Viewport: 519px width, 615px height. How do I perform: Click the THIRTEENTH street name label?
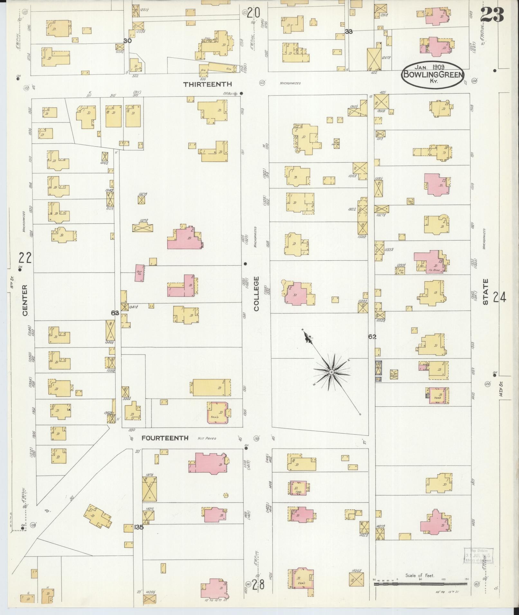[x=207, y=84]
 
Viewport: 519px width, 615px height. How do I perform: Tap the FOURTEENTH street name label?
[x=165, y=438]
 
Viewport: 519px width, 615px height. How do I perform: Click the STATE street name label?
[x=486, y=292]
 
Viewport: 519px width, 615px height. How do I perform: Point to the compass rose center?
[x=331, y=372]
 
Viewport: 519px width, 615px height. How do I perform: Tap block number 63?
[x=115, y=312]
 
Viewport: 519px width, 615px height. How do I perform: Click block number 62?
[x=372, y=337]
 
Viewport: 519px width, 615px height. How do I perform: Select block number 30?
[x=127, y=41]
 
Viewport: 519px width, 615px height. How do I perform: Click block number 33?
[x=348, y=32]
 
